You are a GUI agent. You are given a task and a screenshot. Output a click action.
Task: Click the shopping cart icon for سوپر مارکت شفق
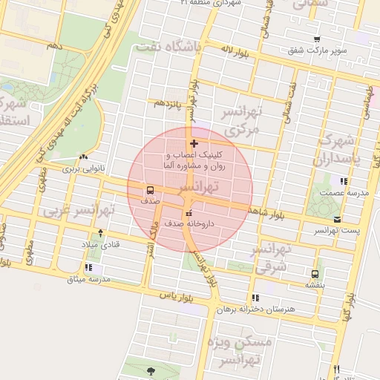click(x=318, y=39)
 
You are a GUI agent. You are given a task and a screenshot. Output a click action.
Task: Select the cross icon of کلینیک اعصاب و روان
click(x=194, y=143)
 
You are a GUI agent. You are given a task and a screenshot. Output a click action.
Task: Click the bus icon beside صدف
click(x=151, y=190)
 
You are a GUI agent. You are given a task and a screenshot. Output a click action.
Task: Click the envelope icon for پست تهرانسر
click(x=338, y=219)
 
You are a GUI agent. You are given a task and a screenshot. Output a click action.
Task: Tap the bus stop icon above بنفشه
click(x=316, y=273)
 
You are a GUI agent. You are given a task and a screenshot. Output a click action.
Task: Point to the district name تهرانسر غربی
click(x=78, y=211)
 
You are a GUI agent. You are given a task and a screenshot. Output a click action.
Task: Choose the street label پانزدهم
click(x=168, y=104)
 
